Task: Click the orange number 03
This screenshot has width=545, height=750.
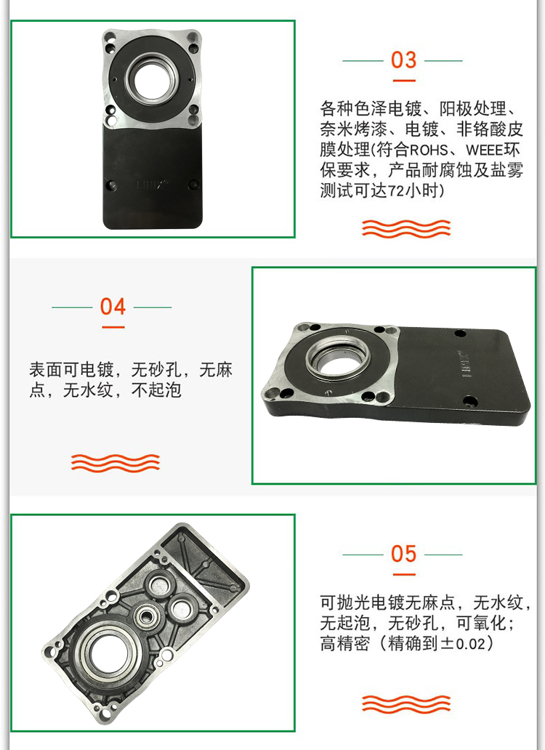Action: [x=404, y=60]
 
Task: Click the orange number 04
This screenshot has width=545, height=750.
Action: [x=113, y=307]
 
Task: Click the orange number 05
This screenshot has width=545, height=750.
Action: [x=404, y=554]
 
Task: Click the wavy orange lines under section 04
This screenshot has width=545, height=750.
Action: [x=116, y=462]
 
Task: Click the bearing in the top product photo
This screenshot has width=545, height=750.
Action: [x=150, y=78]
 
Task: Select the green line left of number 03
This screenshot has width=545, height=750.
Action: [x=363, y=61]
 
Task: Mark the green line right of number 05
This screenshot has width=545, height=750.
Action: [x=443, y=555]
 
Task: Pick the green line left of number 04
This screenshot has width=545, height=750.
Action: [x=71, y=307]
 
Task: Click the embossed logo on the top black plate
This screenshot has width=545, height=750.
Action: [x=149, y=185]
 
